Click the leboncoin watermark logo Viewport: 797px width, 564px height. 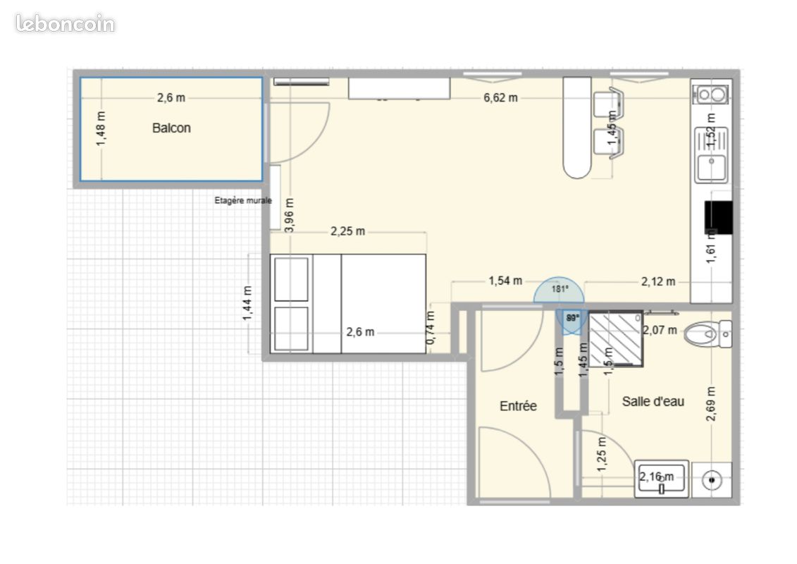65,24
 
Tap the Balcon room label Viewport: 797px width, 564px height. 171,128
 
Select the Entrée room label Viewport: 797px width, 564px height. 518,406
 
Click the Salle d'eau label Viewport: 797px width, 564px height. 653,402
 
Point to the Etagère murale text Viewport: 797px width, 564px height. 242,200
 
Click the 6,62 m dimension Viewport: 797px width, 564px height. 500,98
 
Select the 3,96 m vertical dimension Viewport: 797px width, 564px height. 290,215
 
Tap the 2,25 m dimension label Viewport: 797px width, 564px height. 348,231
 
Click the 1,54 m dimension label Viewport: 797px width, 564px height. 505,281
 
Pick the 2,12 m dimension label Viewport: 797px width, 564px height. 658,282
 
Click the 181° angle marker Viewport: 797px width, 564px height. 560,289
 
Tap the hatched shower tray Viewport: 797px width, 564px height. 615,340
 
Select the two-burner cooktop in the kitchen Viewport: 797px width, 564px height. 711,94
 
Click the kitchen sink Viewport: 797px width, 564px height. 711,168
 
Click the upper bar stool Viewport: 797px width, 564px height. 607,104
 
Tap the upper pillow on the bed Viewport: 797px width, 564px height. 291,280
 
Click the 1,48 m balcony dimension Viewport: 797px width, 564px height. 102,130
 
